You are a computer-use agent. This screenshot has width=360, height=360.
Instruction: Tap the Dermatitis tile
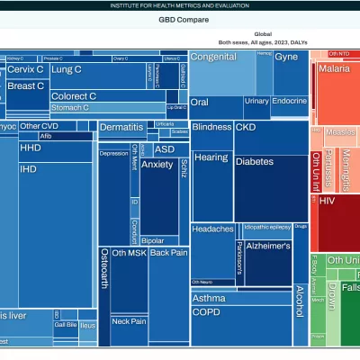click(122, 129)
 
